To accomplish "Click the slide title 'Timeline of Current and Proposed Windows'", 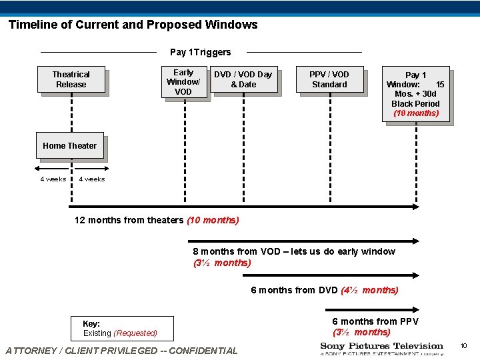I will point(133,25).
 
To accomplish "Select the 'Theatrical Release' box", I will point(71,79).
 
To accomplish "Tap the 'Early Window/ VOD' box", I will point(183,82).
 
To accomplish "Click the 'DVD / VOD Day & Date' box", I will point(243,79).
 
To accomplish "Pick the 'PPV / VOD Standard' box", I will point(329,79).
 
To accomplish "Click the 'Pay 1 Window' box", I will point(415,93).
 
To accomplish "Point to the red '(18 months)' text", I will point(416,113).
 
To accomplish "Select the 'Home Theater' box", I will point(69,145).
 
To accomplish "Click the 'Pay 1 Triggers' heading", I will point(201,52).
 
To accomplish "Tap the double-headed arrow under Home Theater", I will point(70,168).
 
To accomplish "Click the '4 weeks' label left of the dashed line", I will point(53,179).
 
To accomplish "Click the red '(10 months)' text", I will point(213,220).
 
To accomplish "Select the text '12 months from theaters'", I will point(129,220).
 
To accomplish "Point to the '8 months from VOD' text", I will point(293,251).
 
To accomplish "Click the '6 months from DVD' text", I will point(294,290).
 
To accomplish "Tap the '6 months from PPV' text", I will point(375,321).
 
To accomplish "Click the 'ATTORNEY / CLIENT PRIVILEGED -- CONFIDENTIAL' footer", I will point(121,350).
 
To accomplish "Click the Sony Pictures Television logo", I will point(381,349).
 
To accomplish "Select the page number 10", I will point(463,345).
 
